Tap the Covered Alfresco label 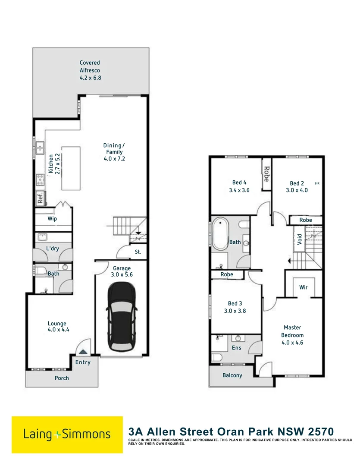[x=90, y=70]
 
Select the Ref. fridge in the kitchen [x=40, y=198]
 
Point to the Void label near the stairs [x=299, y=239]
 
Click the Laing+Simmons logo [x=67, y=435]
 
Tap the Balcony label [x=232, y=375]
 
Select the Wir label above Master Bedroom [x=303, y=287]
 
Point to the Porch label [x=62, y=378]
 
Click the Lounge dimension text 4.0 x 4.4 [x=59, y=330]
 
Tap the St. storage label [x=138, y=252]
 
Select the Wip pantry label [x=52, y=219]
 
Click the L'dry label [x=53, y=249]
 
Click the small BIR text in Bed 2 [x=317, y=184]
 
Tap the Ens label [x=237, y=348]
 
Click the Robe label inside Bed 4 [x=266, y=173]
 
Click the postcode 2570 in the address [x=317, y=431]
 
